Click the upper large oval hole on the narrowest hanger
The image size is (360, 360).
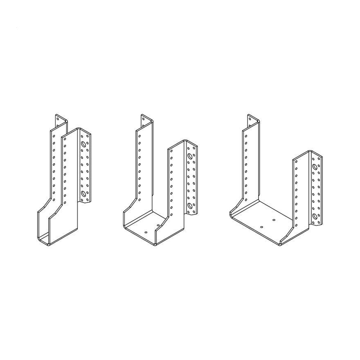click(x=83, y=144)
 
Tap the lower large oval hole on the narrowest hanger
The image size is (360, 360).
click(x=83, y=193)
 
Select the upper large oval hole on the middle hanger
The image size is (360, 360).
click(x=190, y=156)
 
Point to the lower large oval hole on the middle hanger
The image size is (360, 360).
click(x=190, y=205)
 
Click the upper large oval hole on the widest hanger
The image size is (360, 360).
click(x=315, y=167)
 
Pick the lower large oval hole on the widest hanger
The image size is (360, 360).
click(x=315, y=216)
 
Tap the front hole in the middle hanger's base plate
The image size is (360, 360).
click(x=145, y=231)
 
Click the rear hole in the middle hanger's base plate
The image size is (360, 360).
click(x=158, y=225)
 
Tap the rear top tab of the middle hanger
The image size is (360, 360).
click(x=144, y=120)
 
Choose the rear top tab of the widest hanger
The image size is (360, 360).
click(x=251, y=120)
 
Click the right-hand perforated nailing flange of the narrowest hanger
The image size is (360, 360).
click(x=85, y=168)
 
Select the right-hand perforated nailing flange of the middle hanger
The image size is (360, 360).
click(x=191, y=180)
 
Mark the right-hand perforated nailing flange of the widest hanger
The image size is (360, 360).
click(x=316, y=190)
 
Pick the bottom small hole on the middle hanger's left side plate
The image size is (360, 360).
click(x=139, y=199)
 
